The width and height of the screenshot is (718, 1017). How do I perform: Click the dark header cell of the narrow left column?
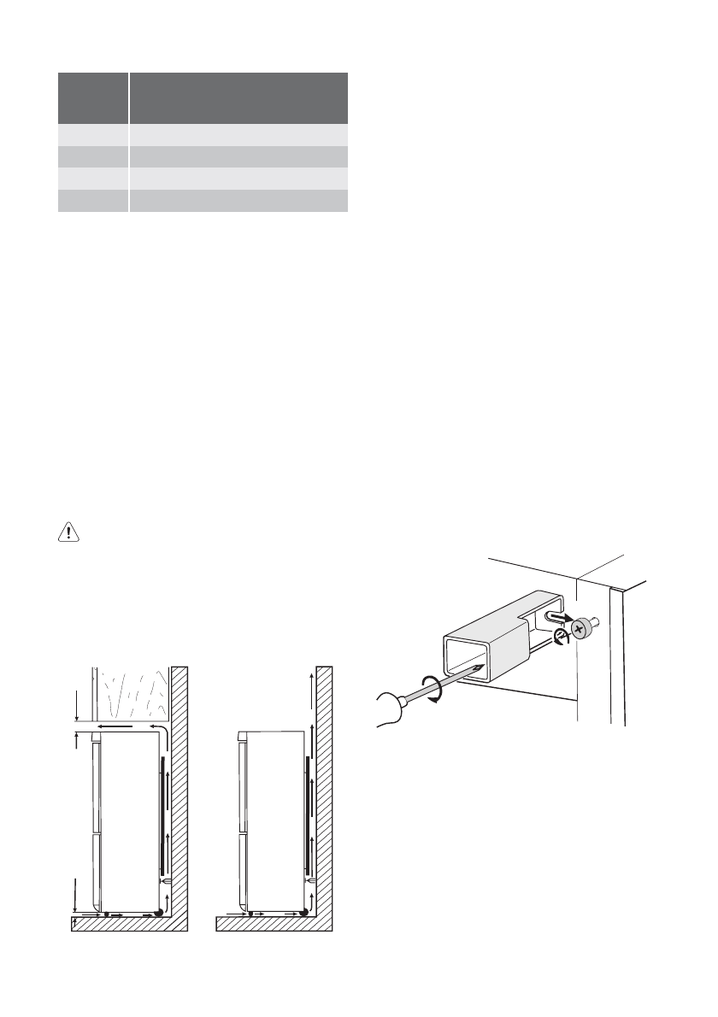coord(92,98)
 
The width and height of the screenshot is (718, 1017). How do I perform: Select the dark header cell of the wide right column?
coord(238,98)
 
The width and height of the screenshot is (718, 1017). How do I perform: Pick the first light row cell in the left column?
coord(92,136)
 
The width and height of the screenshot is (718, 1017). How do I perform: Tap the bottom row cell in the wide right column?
coord(238,200)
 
